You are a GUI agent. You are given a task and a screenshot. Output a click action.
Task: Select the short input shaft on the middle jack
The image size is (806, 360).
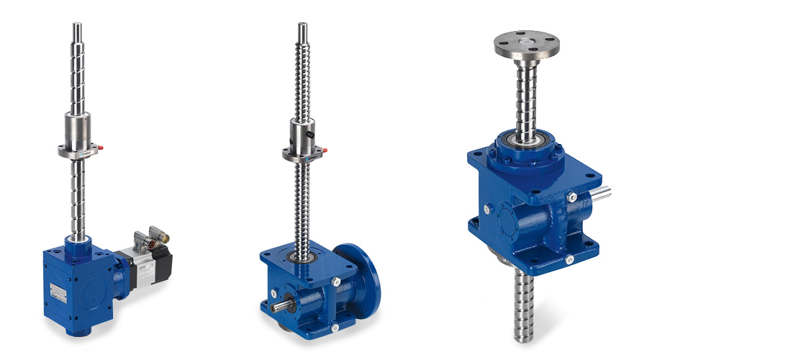pos(279,306)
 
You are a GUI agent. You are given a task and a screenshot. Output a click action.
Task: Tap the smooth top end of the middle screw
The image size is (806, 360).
pos(303,32)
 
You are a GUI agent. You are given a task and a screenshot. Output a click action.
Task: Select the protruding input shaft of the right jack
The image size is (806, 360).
pos(601,192)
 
